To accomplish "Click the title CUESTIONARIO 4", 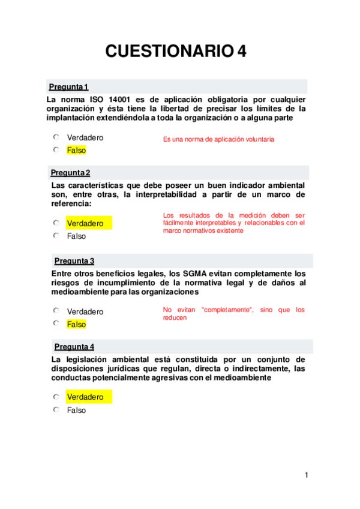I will (x=176, y=52).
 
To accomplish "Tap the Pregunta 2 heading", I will (x=70, y=173).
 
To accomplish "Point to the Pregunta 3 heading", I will (x=74, y=261).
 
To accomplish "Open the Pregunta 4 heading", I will (x=74, y=347).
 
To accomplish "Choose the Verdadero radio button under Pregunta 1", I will (x=56, y=137).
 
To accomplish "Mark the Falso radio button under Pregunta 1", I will (x=56, y=149).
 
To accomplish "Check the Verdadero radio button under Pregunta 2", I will (x=56, y=223).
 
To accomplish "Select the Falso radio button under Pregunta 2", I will (x=56, y=235).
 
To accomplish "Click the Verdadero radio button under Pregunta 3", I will (x=56, y=311).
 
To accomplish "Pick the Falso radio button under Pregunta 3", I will (x=56, y=324).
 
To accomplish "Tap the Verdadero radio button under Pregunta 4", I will (x=56, y=397).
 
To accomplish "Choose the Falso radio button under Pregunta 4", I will (x=56, y=410).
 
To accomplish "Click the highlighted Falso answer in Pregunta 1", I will (x=76, y=151).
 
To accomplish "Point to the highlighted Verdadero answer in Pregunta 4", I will (x=85, y=397).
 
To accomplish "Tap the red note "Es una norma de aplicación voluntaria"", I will (x=218, y=139).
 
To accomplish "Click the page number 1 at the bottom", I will (x=306, y=476).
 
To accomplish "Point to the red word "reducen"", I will (x=175, y=318).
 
